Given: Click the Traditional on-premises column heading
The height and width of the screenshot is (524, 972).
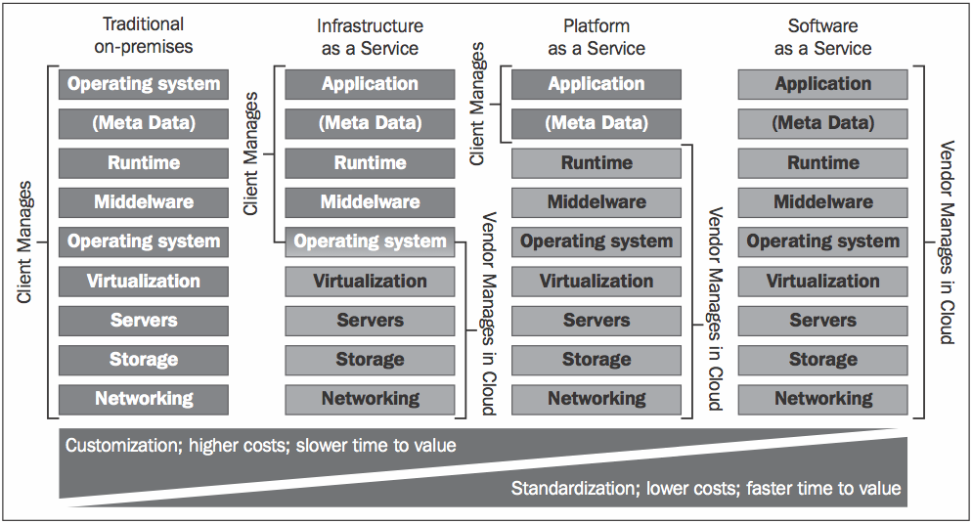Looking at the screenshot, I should pos(144,35).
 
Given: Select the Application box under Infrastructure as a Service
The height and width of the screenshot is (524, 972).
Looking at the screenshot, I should pos(370,84).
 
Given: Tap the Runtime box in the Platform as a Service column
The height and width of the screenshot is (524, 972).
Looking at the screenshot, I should pos(596,163).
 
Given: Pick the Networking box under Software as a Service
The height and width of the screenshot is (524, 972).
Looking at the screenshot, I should pos(823,399).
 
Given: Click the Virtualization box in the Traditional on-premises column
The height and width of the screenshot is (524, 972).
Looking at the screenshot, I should pos(144,282).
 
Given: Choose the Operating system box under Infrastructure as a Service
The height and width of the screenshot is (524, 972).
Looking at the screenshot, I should pos(370,241).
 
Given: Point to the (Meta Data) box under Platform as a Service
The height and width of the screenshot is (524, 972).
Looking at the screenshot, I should pos(596,123).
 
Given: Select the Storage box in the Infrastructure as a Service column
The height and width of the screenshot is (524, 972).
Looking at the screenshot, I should pos(370,360).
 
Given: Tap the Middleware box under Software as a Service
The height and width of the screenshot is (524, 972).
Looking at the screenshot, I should pos(823,202).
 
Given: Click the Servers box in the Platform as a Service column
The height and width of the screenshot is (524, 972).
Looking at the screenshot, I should pos(596,321).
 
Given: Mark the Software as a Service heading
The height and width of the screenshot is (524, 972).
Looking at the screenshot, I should pos(823,35).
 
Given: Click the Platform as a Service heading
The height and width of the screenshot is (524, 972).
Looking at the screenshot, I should pos(596,35).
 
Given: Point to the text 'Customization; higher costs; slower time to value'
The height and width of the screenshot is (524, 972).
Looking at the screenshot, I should pos(261,446).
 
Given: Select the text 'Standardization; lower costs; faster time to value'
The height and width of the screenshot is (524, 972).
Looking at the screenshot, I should pos(705,488).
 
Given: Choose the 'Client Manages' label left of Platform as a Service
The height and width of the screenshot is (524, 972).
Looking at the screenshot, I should pos(478,103).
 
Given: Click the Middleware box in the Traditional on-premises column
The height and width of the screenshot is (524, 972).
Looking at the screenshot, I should pos(144,202).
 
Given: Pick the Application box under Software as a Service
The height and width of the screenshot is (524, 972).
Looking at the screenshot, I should pos(823,84).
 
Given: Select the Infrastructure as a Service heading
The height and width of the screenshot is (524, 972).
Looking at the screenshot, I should pos(370,35).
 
